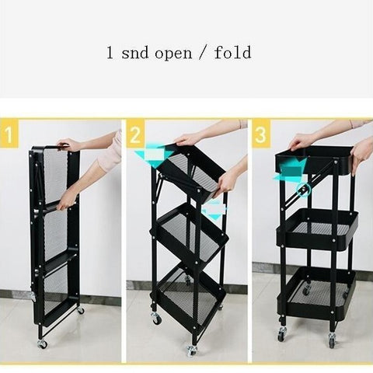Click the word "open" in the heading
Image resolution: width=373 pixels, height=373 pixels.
point(173,53)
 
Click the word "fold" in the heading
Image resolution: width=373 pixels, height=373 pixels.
point(233,52)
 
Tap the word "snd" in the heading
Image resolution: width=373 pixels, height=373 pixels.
point(134,53)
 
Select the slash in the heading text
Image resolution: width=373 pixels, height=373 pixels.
point(203,53)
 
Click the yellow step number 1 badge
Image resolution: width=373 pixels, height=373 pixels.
point(9,134)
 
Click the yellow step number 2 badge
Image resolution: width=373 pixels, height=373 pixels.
point(135,134)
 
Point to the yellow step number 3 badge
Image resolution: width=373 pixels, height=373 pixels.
point(261,134)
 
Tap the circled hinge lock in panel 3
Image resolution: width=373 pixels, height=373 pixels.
point(303,190)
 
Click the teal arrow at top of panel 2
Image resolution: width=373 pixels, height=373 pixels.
point(153,156)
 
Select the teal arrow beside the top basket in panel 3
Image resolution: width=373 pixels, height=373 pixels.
point(289,170)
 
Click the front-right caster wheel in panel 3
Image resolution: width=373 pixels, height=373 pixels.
point(333,340)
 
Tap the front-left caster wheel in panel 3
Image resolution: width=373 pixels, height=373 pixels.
point(282,334)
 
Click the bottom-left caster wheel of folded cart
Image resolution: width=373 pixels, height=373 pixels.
point(42,343)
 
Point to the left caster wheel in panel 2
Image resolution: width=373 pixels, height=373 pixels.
point(155,318)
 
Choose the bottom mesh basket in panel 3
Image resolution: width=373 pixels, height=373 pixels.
point(316,293)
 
